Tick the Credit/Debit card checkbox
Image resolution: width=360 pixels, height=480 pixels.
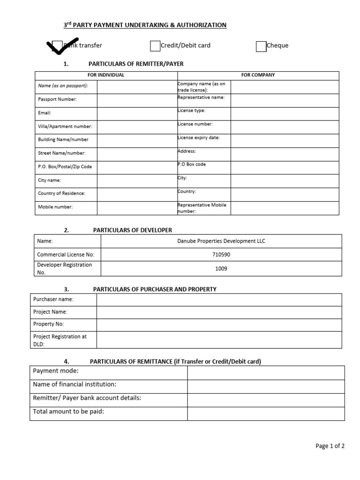pyautogui.click(x=155, y=45)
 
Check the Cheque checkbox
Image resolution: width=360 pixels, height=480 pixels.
pyautogui.click(x=261, y=46)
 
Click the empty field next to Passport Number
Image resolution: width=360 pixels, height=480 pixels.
pyautogui.click(x=137, y=100)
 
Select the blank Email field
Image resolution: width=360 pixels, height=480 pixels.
pyautogui.click(x=137, y=113)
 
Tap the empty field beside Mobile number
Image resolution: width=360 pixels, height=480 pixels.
pyautogui.click(x=137, y=207)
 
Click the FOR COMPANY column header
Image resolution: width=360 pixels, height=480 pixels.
pyautogui.click(x=258, y=75)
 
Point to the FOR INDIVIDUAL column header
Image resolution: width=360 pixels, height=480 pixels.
pyautogui.click(x=106, y=75)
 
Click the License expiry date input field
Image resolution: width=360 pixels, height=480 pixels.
pyautogui.click(x=285, y=140)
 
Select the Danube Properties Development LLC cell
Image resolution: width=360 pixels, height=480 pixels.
pyautogui.click(x=221, y=241)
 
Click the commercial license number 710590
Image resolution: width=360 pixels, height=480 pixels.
pyautogui.click(x=221, y=255)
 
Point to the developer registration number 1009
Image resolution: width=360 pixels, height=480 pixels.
pyautogui.click(x=221, y=269)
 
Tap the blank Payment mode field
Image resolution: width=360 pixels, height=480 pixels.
pyautogui.click(x=266, y=373)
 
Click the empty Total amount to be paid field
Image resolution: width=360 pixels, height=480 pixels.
pyautogui.click(x=266, y=413)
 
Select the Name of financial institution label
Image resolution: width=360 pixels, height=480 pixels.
pyautogui.click(x=75, y=385)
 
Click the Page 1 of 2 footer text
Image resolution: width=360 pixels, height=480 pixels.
pyautogui.click(x=330, y=446)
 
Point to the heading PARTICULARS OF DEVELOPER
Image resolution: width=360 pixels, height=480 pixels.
pyautogui.click(x=133, y=230)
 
